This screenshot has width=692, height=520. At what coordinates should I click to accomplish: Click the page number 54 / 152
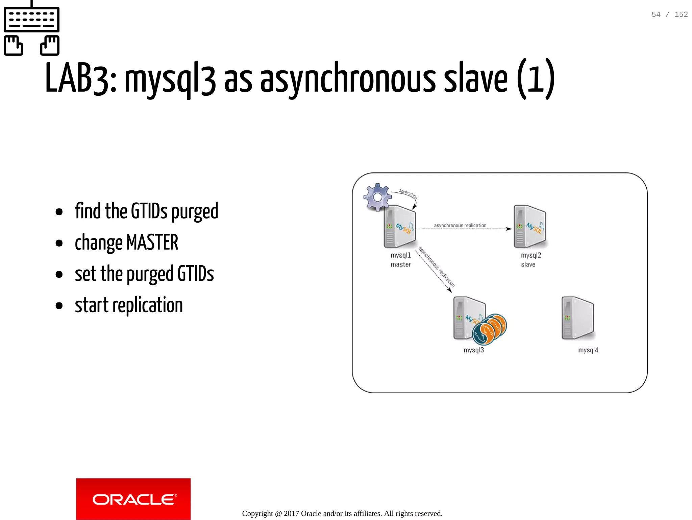click(669, 15)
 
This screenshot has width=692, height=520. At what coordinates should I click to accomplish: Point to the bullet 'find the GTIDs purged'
click(146, 211)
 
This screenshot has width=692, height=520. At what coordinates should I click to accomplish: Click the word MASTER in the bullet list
click(152, 243)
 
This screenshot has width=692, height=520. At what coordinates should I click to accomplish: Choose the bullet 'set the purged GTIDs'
click(144, 274)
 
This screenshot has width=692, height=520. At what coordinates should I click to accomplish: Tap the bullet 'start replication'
click(128, 305)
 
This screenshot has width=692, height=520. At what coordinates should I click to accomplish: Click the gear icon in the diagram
click(377, 197)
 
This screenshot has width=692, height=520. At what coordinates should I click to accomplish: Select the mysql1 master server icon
click(400, 227)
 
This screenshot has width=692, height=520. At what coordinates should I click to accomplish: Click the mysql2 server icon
click(529, 227)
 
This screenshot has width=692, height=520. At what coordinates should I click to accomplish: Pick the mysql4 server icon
click(577, 318)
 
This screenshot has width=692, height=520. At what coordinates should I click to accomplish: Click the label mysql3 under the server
click(474, 350)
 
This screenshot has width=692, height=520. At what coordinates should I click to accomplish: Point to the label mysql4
click(588, 350)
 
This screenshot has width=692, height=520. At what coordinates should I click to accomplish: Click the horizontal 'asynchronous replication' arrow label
click(460, 225)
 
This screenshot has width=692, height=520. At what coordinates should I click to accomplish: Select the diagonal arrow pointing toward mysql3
click(434, 271)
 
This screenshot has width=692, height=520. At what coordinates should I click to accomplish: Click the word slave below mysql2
click(528, 265)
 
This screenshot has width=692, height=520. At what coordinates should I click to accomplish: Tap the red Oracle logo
click(133, 499)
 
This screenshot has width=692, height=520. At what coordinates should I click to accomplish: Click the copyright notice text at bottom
click(342, 514)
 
